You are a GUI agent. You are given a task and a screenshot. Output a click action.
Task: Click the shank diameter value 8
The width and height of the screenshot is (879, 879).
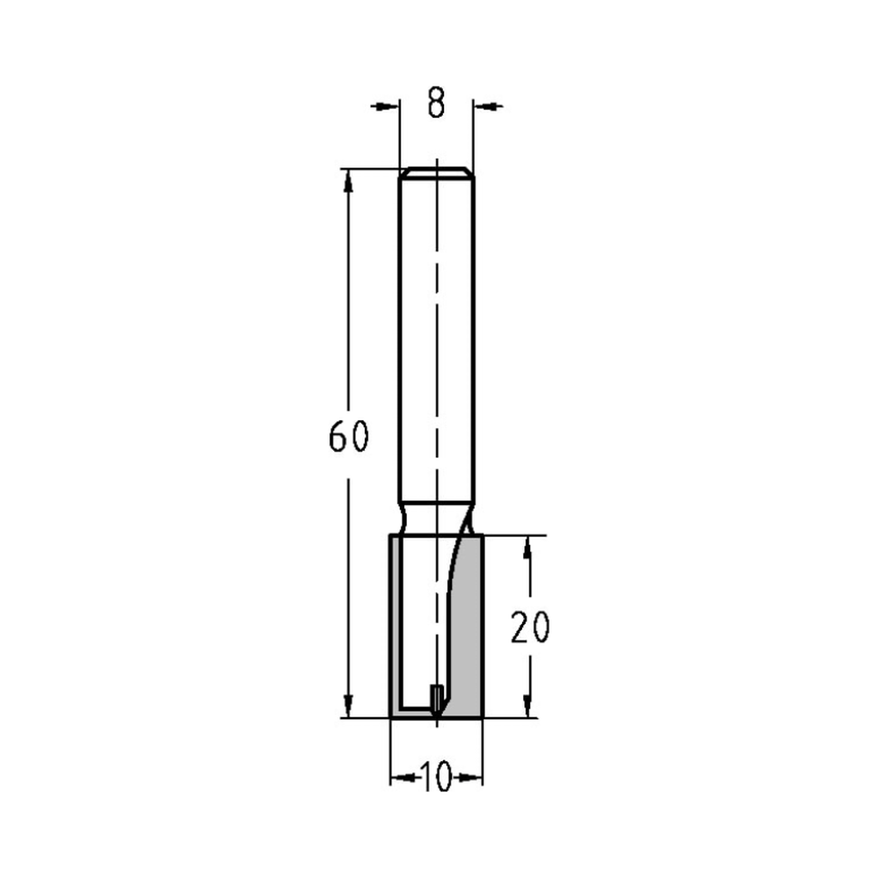pos(436,104)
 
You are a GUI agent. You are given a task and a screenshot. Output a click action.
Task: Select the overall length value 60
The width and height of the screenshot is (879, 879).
pos(348,437)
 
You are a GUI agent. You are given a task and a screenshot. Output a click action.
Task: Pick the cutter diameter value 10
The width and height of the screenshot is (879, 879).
pos(436,777)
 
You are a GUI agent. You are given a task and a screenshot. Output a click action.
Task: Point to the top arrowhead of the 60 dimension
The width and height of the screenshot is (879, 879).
pos(349,179)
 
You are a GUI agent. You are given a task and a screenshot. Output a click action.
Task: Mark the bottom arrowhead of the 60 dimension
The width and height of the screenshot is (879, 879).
pos(349,707)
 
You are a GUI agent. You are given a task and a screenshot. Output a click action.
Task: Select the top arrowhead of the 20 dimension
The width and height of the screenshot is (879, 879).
pos(527,547)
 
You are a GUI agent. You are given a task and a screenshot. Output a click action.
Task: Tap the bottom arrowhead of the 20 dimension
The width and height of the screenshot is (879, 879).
pos(527,707)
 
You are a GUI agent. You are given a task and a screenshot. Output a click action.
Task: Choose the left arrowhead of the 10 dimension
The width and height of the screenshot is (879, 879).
pos(401,778)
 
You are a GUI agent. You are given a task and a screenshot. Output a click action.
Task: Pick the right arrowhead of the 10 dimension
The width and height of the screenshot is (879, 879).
pos(473,778)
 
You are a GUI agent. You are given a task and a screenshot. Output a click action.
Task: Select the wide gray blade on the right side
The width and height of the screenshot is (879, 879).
pos(468,624)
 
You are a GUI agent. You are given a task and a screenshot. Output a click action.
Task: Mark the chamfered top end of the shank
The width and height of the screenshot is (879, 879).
pos(436,171)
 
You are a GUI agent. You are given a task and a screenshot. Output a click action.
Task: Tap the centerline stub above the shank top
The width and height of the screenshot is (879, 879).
pos(437,163)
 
